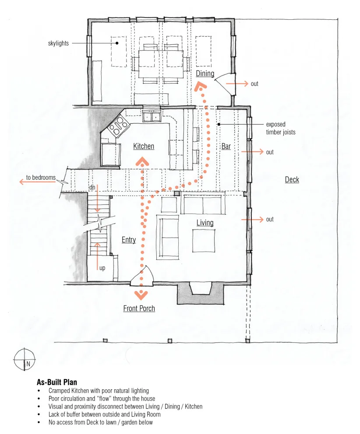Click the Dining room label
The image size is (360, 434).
click(x=205, y=74)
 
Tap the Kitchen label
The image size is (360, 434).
click(x=144, y=146)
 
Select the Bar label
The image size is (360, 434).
click(x=226, y=146)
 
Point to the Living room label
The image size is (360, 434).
click(x=205, y=223)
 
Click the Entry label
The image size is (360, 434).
click(x=129, y=240)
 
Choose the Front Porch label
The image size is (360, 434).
click(x=139, y=308)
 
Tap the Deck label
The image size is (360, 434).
click(x=292, y=180)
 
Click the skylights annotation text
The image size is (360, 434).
click(x=58, y=43)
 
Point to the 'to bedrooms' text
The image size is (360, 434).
click(x=41, y=178)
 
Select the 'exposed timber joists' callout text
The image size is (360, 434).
click(x=281, y=128)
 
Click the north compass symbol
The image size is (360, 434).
click(x=25, y=359)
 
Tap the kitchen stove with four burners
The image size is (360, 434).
click(x=119, y=127)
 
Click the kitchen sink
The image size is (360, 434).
click(x=152, y=117)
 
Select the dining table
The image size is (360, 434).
click(x=161, y=64)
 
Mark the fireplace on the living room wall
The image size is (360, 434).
click(x=201, y=293)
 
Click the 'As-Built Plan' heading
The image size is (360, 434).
click(x=57, y=382)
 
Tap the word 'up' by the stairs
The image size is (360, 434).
click(x=102, y=268)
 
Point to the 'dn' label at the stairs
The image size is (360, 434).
click(x=92, y=187)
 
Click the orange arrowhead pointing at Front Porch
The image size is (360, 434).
click(x=141, y=295)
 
